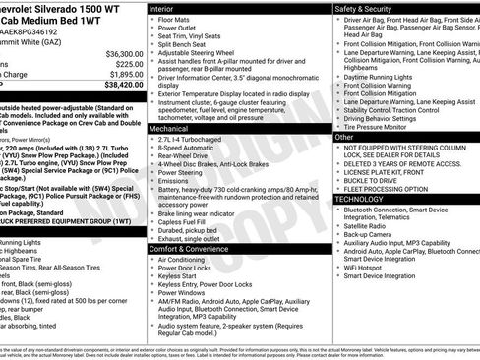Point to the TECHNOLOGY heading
[x=359, y=198]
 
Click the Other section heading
[x=343, y=138]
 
